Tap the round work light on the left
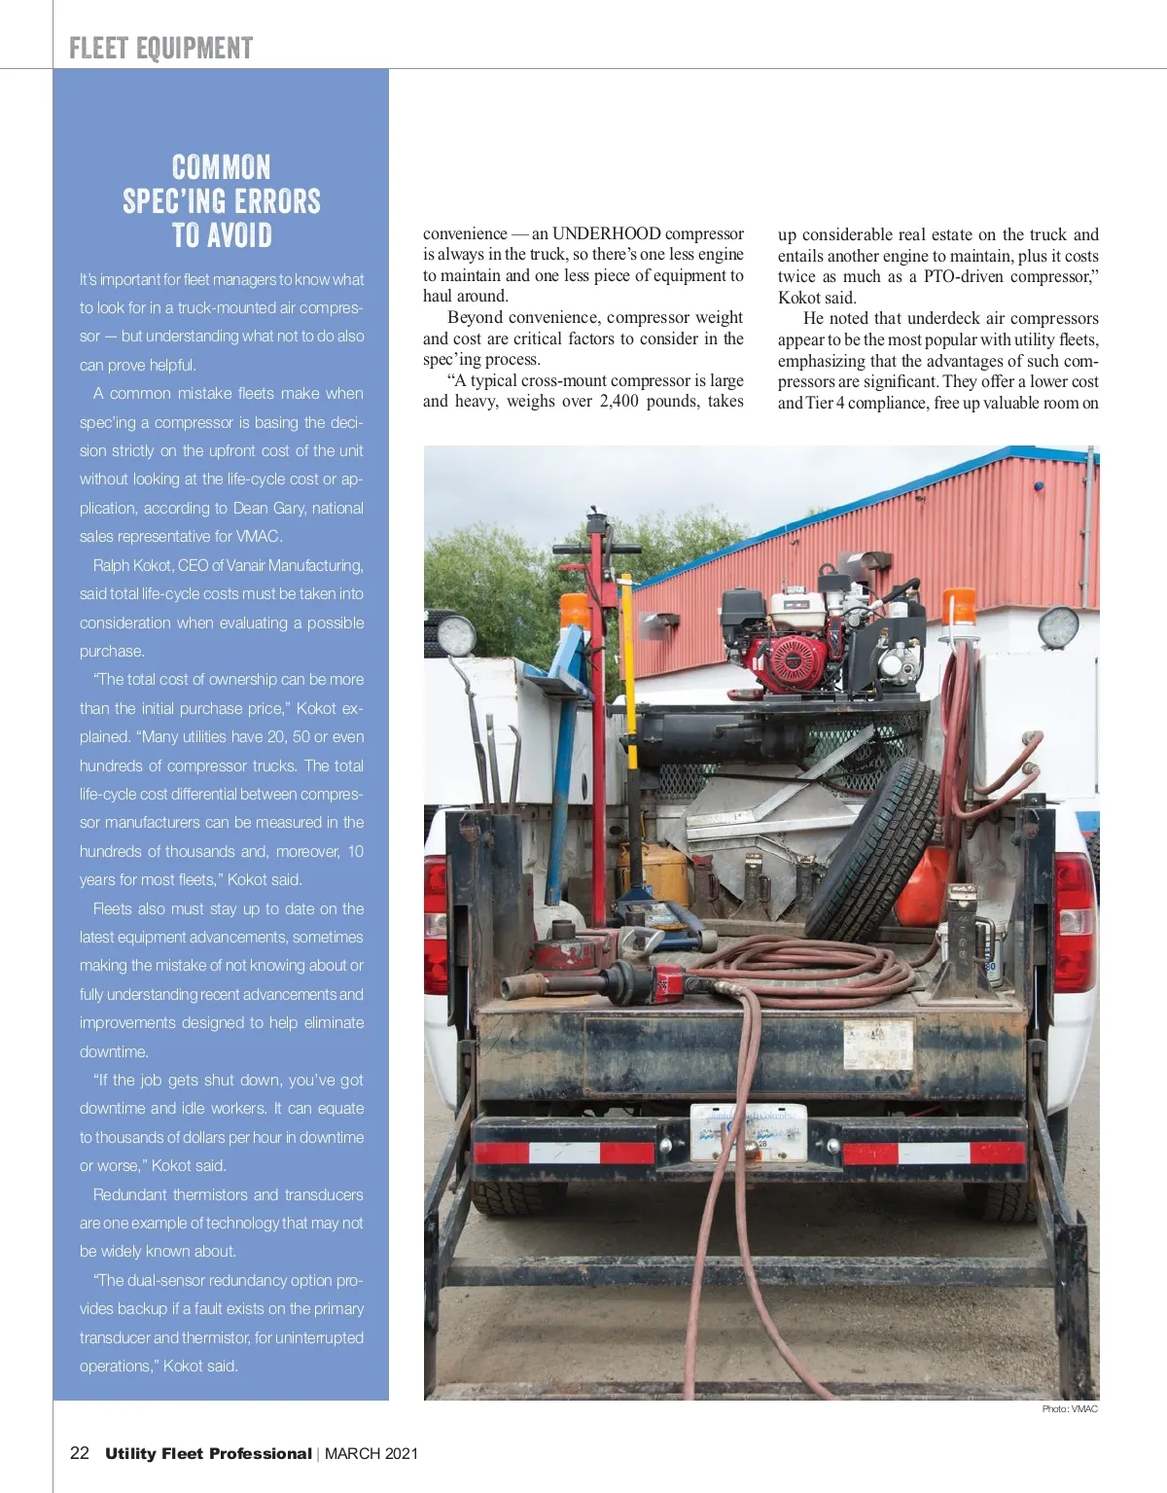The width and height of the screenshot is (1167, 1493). pos(454,638)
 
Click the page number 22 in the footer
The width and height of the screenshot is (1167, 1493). pos(80,1453)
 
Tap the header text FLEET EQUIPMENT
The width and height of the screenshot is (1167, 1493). pos(161,49)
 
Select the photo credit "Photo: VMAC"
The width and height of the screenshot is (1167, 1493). pos(1070,1408)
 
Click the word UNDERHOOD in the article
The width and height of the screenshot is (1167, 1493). pos(608,233)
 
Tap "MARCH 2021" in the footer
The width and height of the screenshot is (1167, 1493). pos(371,1453)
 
